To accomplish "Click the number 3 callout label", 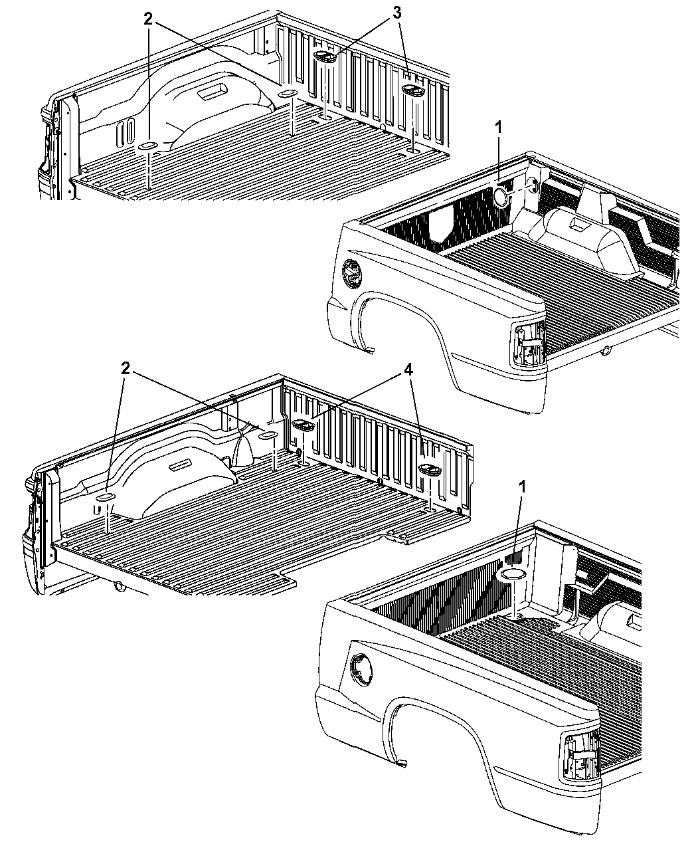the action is [396, 13].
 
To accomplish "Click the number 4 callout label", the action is [408, 370].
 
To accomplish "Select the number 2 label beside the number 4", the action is [126, 369].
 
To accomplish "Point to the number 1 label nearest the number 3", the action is [498, 128].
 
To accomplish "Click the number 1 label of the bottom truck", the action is [522, 487].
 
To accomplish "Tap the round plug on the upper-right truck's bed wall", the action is [500, 197].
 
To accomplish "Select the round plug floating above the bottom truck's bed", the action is [511, 574].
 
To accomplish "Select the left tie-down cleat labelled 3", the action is [325, 56].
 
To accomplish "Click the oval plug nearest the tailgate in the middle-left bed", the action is [106, 498].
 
